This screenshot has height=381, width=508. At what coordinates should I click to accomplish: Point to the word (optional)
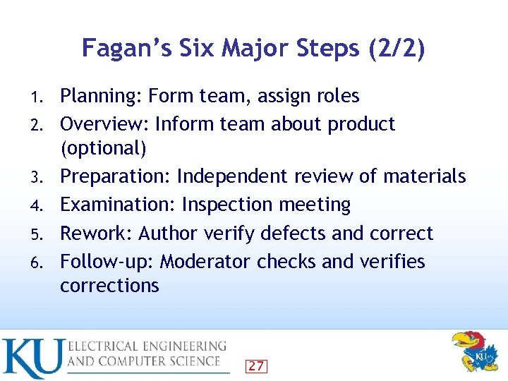click(x=103, y=148)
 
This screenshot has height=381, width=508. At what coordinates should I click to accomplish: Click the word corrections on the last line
click(x=109, y=285)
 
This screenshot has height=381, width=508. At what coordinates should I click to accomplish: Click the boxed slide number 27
click(x=256, y=365)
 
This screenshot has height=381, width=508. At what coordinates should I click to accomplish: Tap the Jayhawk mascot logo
click(x=473, y=351)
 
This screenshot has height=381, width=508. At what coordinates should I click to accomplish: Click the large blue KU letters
click(x=32, y=358)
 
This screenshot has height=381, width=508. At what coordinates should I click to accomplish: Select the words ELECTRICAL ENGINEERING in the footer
click(x=147, y=346)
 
